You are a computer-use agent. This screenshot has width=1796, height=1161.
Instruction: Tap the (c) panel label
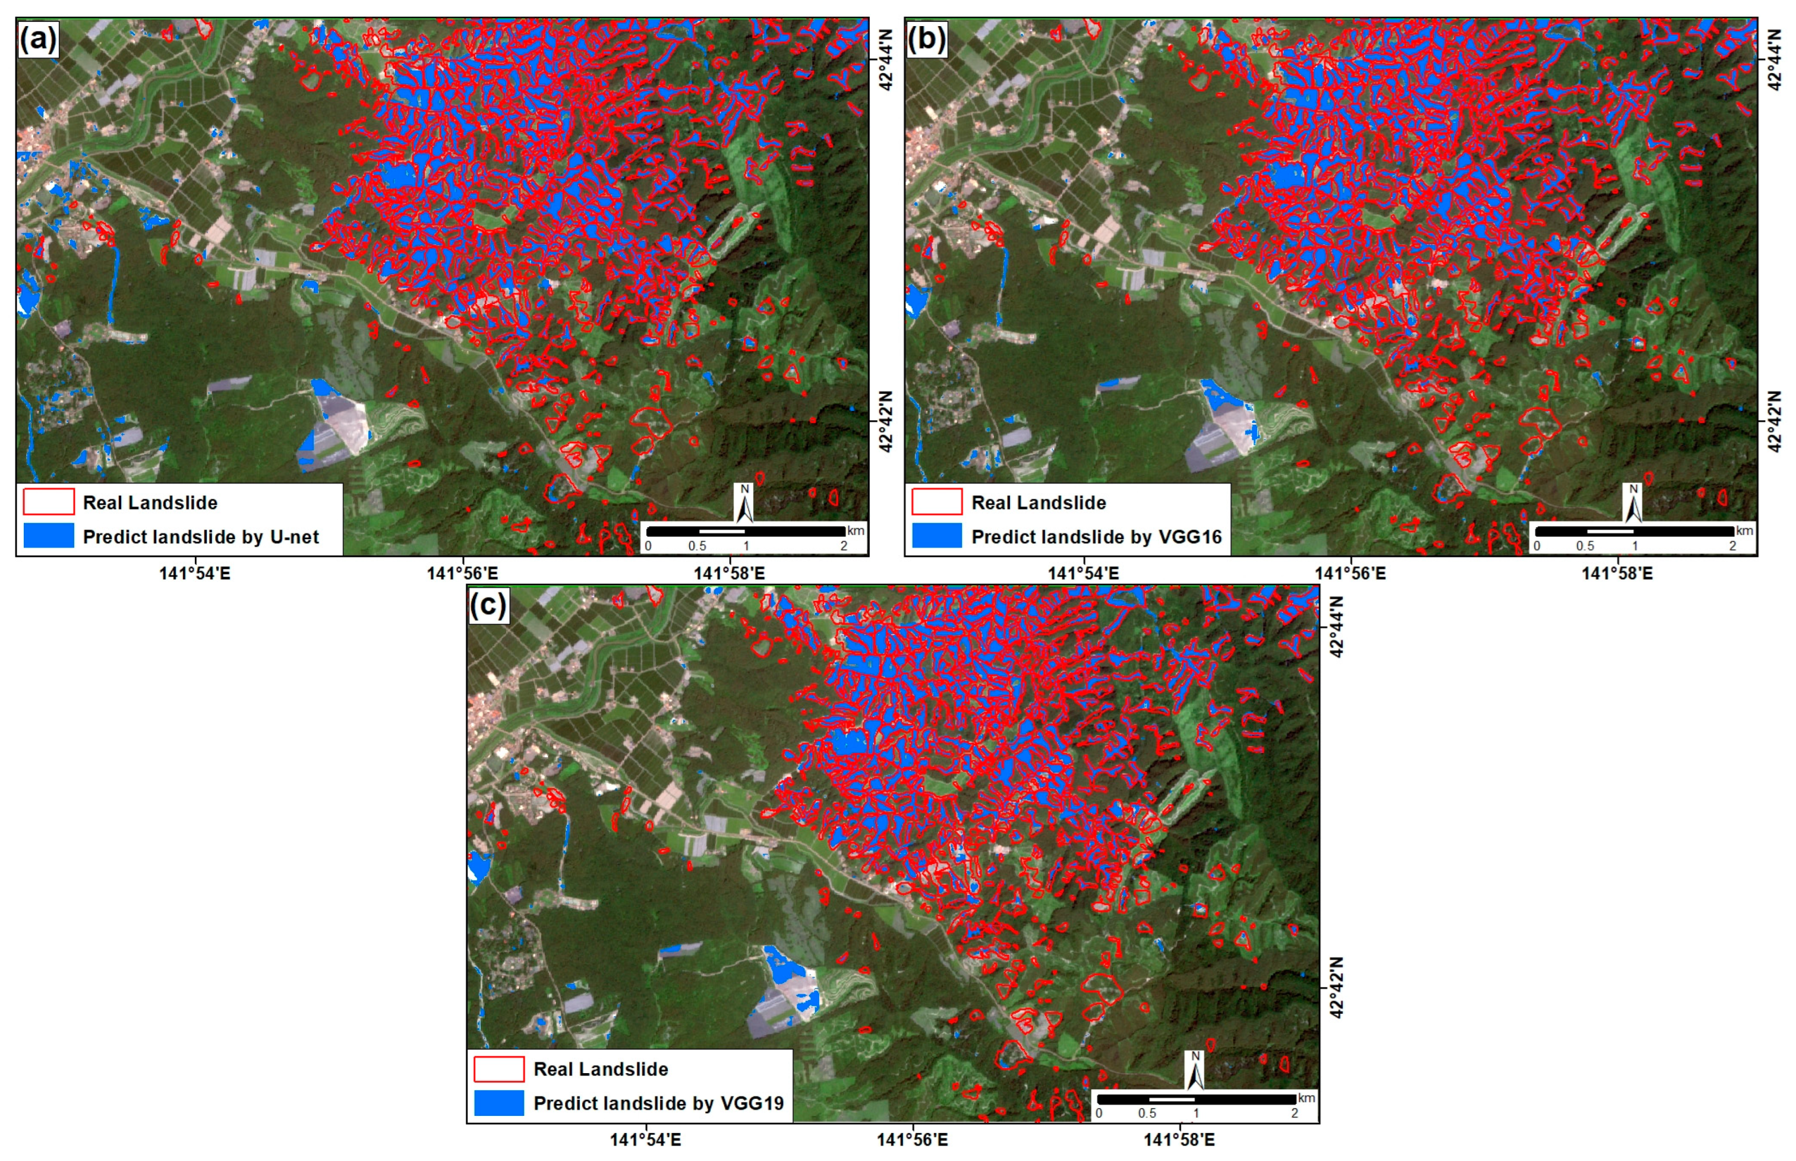point(488,605)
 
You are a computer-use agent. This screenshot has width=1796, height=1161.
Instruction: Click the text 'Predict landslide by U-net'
point(201,537)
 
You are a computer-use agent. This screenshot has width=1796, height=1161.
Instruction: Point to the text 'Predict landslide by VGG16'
point(1096,537)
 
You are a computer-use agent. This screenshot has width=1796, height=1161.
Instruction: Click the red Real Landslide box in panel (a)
point(48,502)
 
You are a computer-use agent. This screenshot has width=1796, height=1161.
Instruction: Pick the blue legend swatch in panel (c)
point(498,1102)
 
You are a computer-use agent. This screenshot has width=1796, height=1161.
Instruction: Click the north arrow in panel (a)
point(745,504)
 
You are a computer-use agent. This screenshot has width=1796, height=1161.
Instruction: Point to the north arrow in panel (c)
point(1195,1071)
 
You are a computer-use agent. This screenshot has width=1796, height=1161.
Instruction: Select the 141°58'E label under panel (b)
point(1617,574)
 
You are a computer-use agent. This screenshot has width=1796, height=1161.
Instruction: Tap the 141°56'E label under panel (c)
point(913,1140)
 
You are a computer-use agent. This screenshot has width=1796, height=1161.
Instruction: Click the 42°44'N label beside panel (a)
point(886,61)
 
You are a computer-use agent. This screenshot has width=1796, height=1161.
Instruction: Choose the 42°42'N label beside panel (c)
point(1336,988)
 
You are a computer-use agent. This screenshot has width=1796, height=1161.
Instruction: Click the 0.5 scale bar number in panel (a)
point(697,546)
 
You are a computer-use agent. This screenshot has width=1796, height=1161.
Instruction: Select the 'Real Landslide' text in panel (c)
point(600,1069)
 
